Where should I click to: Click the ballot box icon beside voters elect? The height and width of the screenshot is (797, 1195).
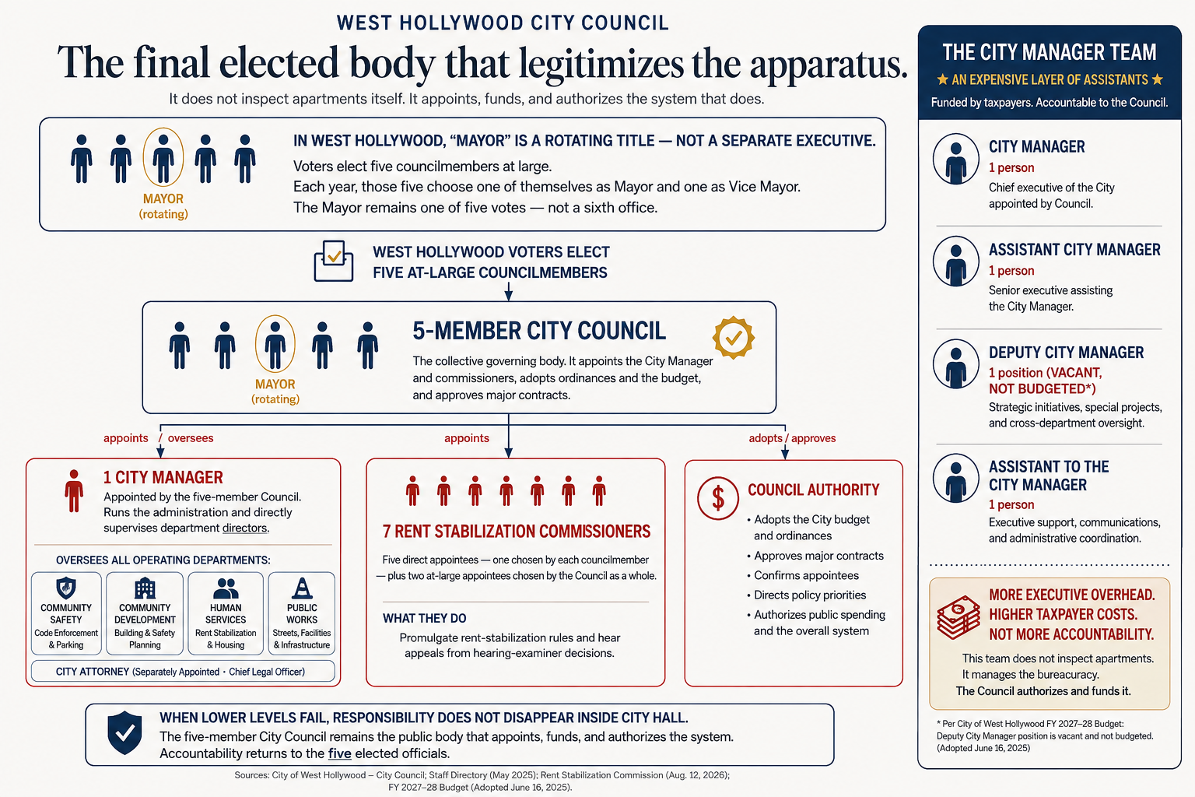pyautogui.click(x=334, y=261)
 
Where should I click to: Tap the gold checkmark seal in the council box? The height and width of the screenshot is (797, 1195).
pyautogui.click(x=734, y=337)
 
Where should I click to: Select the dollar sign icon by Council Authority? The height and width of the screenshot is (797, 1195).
pyautogui.click(x=718, y=498)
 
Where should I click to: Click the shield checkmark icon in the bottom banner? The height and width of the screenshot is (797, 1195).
pyautogui.click(x=124, y=732)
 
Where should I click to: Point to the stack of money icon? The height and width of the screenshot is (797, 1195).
pyautogui.click(x=958, y=617)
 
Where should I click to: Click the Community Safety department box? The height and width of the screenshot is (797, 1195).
pyautogui.click(x=66, y=613)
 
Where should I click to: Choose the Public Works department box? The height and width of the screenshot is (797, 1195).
pyautogui.click(x=302, y=613)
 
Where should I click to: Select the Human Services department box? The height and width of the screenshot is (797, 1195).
pyautogui.click(x=226, y=613)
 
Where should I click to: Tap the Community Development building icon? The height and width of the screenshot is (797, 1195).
pyautogui.click(x=145, y=588)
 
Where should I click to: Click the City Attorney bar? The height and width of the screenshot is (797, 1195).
pyautogui.click(x=183, y=671)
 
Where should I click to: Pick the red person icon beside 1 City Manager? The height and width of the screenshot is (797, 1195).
pyautogui.click(x=74, y=491)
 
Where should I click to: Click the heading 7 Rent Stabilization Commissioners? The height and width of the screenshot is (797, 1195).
pyautogui.click(x=517, y=531)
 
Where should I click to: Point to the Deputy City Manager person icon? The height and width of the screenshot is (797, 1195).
pyautogui.click(x=956, y=364)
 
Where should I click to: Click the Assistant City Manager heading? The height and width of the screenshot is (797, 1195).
pyautogui.click(x=1074, y=249)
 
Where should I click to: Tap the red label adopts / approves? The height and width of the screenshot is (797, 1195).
pyautogui.click(x=792, y=438)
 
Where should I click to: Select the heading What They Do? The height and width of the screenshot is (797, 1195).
pyautogui.click(x=425, y=618)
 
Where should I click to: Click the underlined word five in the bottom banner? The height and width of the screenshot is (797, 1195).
pyautogui.click(x=339, y=753)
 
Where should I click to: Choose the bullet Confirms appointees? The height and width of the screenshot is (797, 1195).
pyautogui.click(x=806, y=575)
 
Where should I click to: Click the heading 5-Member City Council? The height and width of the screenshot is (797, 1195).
pyautogui.click(x=539, y=331)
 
